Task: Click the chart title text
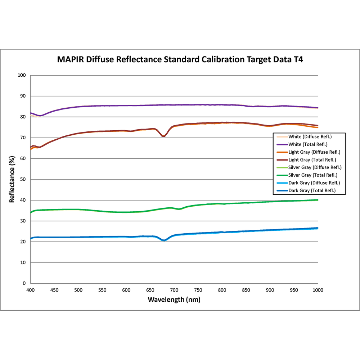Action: tap(180, 60)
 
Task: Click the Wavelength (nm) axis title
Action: tap(174, 299)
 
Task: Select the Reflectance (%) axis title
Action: tap(12, 179)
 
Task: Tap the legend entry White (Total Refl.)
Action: tap(310, 144)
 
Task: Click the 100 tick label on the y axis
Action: tap(22, 76)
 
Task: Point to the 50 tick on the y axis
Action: tap(24, 179)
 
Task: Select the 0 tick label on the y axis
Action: tap(25, 283)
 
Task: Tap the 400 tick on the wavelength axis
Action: tap(30, 290)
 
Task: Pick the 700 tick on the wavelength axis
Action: tap(174, 290)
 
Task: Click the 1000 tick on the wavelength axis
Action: tap(318, 290)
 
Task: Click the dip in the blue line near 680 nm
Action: tap(164, 240)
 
